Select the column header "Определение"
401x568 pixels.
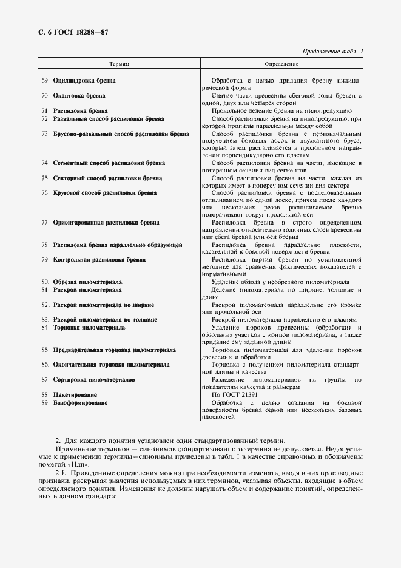[x=281, y=63]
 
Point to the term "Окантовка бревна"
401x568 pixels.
[x=79, y=96]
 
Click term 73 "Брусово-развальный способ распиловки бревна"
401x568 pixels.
[x=121, y=134]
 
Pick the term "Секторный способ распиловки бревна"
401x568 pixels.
[x=107, y=178]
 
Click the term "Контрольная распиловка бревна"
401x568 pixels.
[x=99, y=260]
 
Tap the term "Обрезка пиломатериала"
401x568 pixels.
[x=87, y=282]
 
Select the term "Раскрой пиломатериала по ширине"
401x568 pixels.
[x=103, y=305]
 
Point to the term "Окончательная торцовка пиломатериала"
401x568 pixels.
[x=111, y=365]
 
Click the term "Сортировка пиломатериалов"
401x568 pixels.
[x=94, y=379]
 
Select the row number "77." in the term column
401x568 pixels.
[x=45, y=223]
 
